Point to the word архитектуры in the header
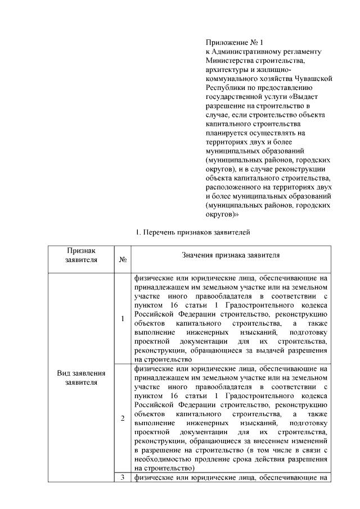click(227, 69)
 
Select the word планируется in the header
click(228, 132)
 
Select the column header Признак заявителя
click(82, 254)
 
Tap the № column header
click(123, 259)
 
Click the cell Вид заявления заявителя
click(82, 377)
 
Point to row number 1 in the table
click(123, 319)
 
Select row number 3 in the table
click(123, 478)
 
